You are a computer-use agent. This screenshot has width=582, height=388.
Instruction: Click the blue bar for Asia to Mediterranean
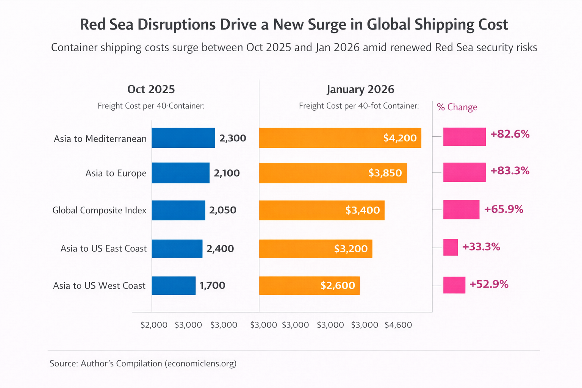pos(183,138)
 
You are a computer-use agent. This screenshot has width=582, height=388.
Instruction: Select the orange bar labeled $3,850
pos(333,173)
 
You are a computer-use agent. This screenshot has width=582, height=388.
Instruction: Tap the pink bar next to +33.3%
pos(451,247)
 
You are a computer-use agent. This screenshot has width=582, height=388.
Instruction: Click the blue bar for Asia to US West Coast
pos(174,285)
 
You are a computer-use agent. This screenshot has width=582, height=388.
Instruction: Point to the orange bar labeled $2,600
pos(309,285)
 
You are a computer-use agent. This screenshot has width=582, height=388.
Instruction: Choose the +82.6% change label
pos(510,134)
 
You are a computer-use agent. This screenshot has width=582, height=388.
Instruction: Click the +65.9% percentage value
pos(504,209)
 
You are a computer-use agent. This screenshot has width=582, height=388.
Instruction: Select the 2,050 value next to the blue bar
pos(223,210)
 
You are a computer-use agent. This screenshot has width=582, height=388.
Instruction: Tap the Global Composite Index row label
pos(99,210)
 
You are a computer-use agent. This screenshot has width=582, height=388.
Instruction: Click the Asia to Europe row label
pos(116,173)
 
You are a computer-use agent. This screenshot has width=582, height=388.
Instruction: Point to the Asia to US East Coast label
pos(103,249)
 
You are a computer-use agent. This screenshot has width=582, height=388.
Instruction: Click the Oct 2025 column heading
pos(151,89)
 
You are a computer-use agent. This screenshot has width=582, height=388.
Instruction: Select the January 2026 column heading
pos(360,89)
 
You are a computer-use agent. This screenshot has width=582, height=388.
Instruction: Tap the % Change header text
pos(457,107)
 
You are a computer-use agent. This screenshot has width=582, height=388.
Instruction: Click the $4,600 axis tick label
pos(398,325)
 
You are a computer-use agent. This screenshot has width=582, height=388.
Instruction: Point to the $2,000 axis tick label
pos(154,325)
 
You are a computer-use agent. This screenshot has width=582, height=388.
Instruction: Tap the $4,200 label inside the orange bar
pos(400,138)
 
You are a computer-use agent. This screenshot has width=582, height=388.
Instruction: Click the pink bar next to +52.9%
pos(454,285)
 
